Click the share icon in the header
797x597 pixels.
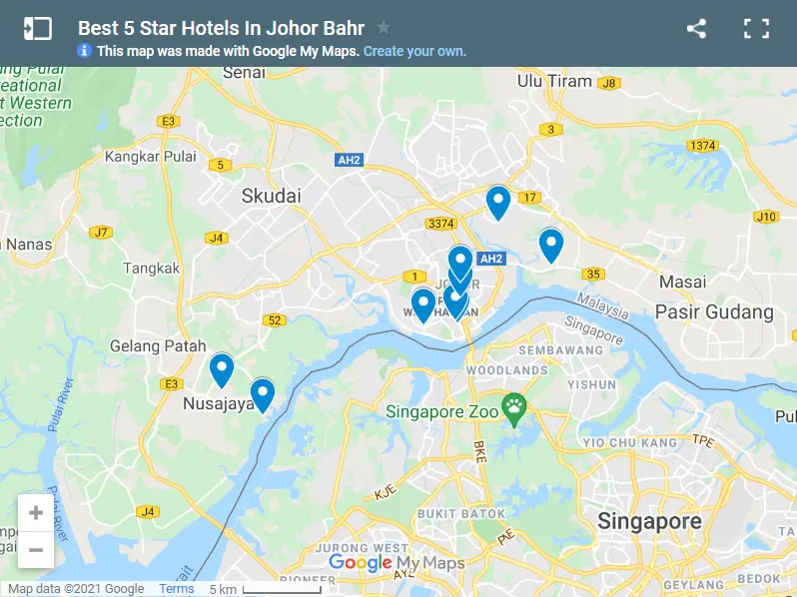coord(696,29)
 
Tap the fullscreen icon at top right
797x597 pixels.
coord(756,29)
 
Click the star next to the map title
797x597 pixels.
coord(384,28)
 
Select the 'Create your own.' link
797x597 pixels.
coord(414,51)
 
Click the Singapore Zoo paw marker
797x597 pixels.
coord(514,406)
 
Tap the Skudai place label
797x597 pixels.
coord(271,196)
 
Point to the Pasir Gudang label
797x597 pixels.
coord(713,312)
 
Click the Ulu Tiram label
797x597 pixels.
coord(554,81)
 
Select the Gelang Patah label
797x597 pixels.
coord(152,345)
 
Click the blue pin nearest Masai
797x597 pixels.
coord(550,244)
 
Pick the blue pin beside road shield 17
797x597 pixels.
coord(497,201)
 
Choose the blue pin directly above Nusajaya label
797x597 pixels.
coord(221,368)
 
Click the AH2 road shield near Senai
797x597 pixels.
coord(349,159)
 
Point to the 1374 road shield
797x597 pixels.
coord(702,146)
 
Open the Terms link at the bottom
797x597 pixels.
coord(177,589)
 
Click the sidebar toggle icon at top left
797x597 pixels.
coord(37,29)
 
